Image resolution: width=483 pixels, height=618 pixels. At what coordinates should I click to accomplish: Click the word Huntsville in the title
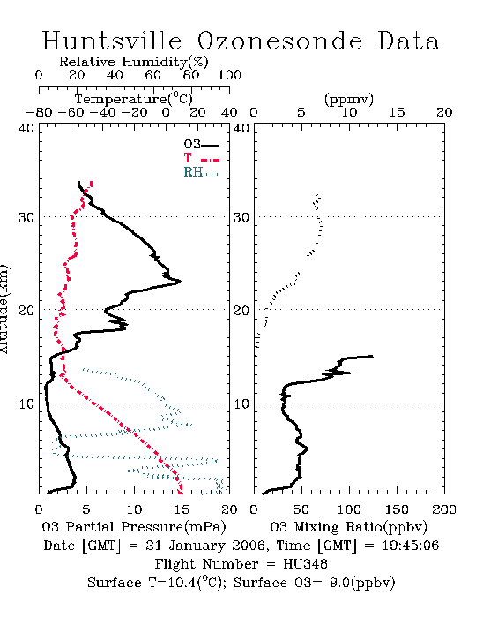(x=112, y=41)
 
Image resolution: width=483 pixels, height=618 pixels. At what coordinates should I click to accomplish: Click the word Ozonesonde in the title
(x=279, y=41)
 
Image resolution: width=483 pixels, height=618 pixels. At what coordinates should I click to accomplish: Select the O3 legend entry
(x=201, y=145)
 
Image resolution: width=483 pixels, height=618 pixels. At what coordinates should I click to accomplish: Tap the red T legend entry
(x=201, y=158)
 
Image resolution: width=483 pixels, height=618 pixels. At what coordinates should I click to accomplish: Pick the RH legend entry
(x=201, y=172)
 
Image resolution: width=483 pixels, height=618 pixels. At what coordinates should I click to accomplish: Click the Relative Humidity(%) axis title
(x=133, y=62)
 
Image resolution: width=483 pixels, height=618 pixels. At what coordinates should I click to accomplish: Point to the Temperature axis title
(x=133, y=99)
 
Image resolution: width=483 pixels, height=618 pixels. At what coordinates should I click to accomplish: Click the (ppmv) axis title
(x=348, y=99)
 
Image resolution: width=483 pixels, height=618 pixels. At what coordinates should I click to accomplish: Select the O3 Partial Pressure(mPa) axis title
(x=133, y=527)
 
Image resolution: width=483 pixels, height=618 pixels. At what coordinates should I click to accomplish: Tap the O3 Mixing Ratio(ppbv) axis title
(x=348, y=527)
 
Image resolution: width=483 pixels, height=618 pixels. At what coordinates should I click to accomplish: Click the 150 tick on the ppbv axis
(x=397, y=509)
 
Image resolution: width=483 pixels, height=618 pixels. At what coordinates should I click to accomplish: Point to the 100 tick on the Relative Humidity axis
(x=229, y=75)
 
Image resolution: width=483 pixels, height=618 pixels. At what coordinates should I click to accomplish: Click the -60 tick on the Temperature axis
(x=71, y=112)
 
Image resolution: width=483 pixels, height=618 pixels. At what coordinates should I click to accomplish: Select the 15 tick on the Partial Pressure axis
(x=182, y=509)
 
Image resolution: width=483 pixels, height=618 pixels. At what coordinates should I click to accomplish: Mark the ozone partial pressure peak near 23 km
(x=180, y=281)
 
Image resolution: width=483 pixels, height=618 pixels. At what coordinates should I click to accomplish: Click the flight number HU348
(x=305, y=564)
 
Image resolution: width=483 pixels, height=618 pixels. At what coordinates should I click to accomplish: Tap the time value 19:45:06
(x=410, y=546)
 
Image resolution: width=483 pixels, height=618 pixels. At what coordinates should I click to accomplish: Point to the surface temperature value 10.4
(x=182, y=583)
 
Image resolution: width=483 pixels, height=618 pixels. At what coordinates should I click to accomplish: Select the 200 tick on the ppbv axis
(x=444, y=509)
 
